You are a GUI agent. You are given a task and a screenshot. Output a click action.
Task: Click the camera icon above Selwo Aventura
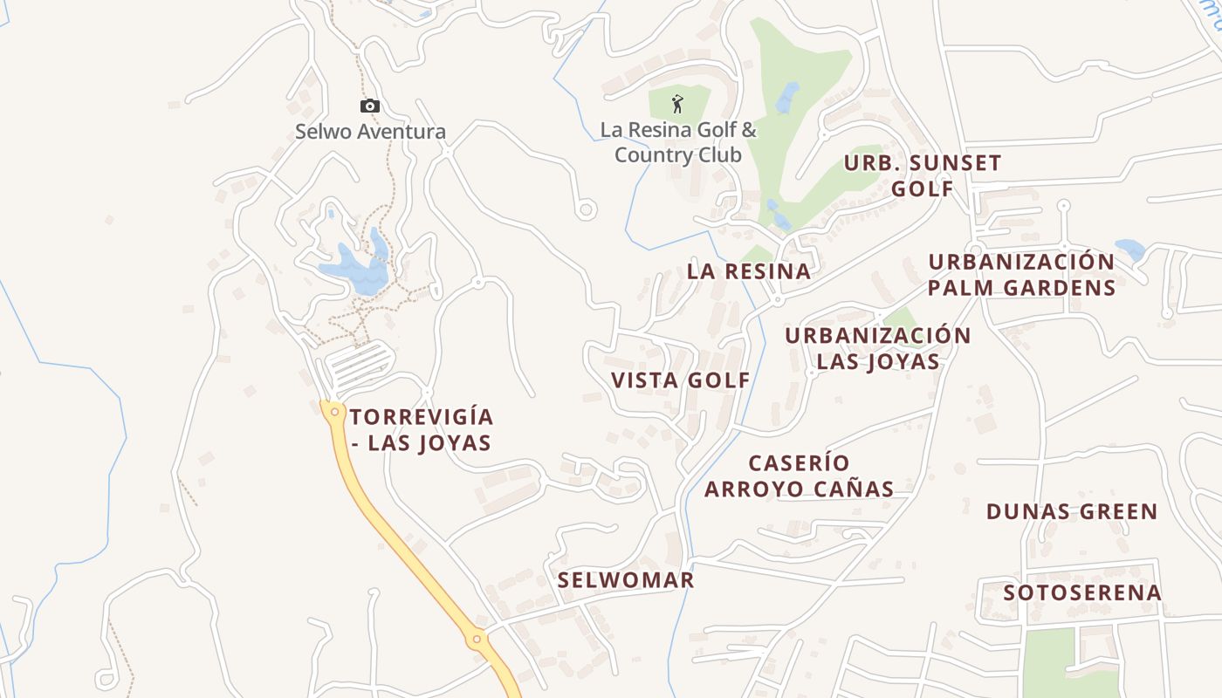click(370, 106)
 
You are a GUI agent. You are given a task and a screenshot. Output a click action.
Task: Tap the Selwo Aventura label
click(370, 132)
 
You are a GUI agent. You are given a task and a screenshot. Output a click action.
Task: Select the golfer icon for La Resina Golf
click(677, 104)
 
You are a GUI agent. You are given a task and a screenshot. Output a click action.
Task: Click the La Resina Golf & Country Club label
click(678, 143)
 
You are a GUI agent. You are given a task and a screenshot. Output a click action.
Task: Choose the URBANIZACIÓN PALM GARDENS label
click(1021, 275)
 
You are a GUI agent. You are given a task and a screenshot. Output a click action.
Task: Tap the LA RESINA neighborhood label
click(749, 271)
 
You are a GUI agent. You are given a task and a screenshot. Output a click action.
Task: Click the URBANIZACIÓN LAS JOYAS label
click(878, 348)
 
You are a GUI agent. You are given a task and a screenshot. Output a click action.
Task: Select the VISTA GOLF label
click(681, 380)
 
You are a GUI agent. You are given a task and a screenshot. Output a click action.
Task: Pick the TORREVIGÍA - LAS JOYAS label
click(422, 429)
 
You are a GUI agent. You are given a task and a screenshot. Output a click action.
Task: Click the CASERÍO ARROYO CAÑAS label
click(800, 476)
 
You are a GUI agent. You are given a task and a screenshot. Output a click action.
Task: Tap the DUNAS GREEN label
click(1072, 511)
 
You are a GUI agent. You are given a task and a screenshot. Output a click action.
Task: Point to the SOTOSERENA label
click(1082, 593)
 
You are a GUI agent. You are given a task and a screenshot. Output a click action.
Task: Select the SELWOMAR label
click(626, 580)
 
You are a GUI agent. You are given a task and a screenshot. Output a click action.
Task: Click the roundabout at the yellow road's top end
click(334, 411)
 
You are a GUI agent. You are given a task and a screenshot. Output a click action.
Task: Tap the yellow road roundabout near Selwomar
click(477, 640)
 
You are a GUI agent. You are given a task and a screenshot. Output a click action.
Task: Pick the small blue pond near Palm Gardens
click(1130, 250)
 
